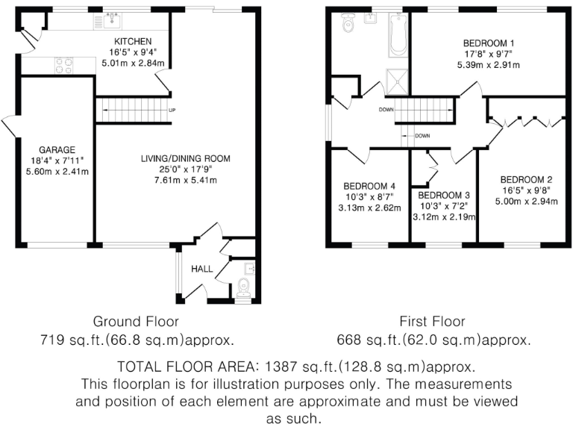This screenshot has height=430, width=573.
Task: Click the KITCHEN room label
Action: tap(134, 41)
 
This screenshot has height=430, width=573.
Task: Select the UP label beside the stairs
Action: tap(172, 111)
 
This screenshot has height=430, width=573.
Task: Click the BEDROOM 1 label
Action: tap(489, 43)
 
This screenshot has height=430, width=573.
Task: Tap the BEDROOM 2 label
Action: tap(526, 179)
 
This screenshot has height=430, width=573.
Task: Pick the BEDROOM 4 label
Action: tap(369, 186)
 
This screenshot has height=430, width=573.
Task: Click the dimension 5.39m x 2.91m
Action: tap(489, 65)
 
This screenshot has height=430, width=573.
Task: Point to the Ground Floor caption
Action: tap(136, 322)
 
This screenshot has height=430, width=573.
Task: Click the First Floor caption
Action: tap(432, 322)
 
